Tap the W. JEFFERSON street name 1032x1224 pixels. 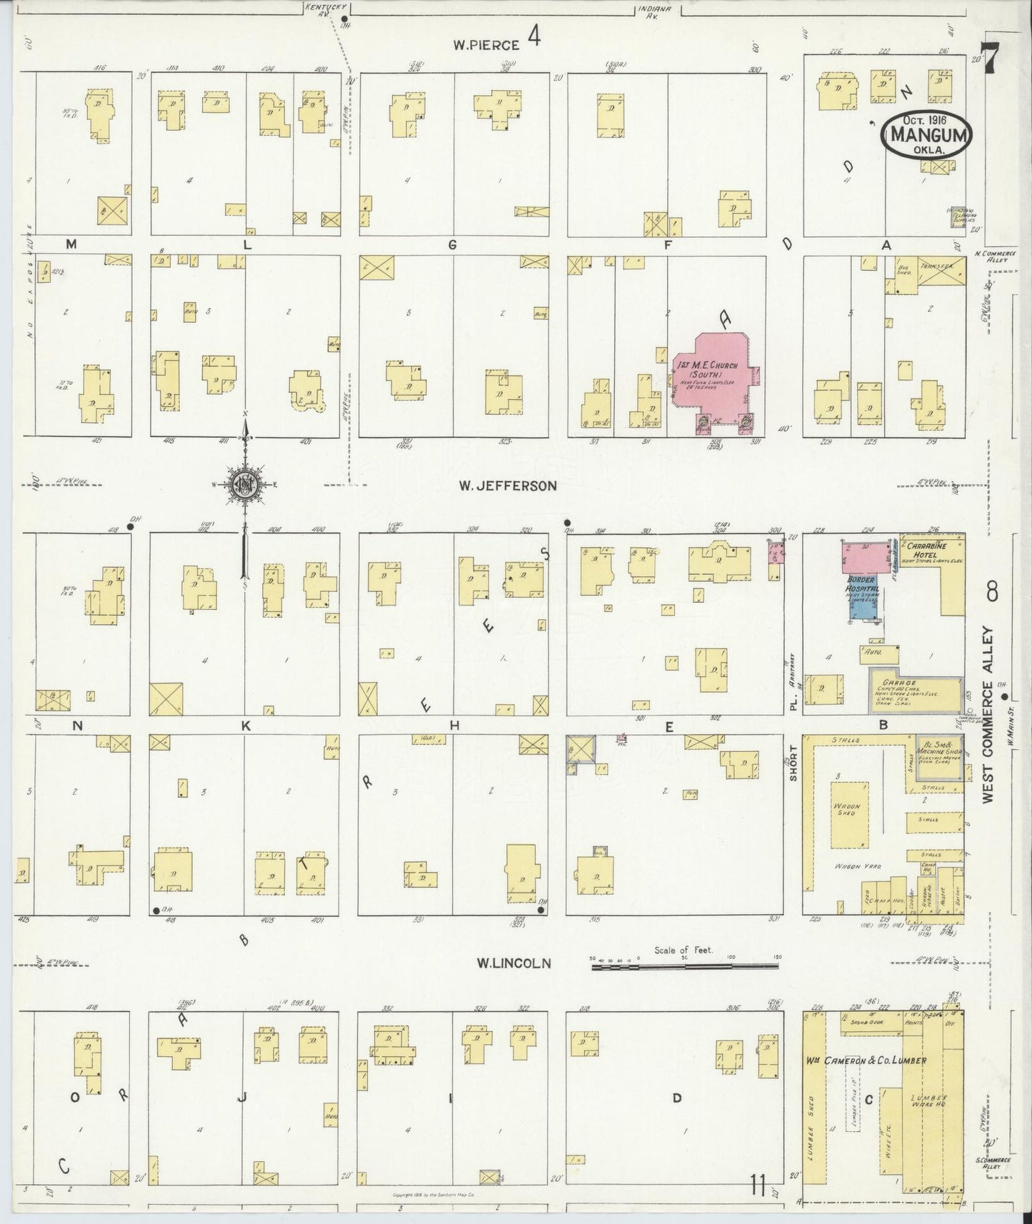[507, 486]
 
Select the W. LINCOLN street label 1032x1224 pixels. [514, 963]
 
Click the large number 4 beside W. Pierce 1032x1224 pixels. [533, 36]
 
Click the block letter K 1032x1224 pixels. [246, 726]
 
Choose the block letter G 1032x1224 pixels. [452, 245]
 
